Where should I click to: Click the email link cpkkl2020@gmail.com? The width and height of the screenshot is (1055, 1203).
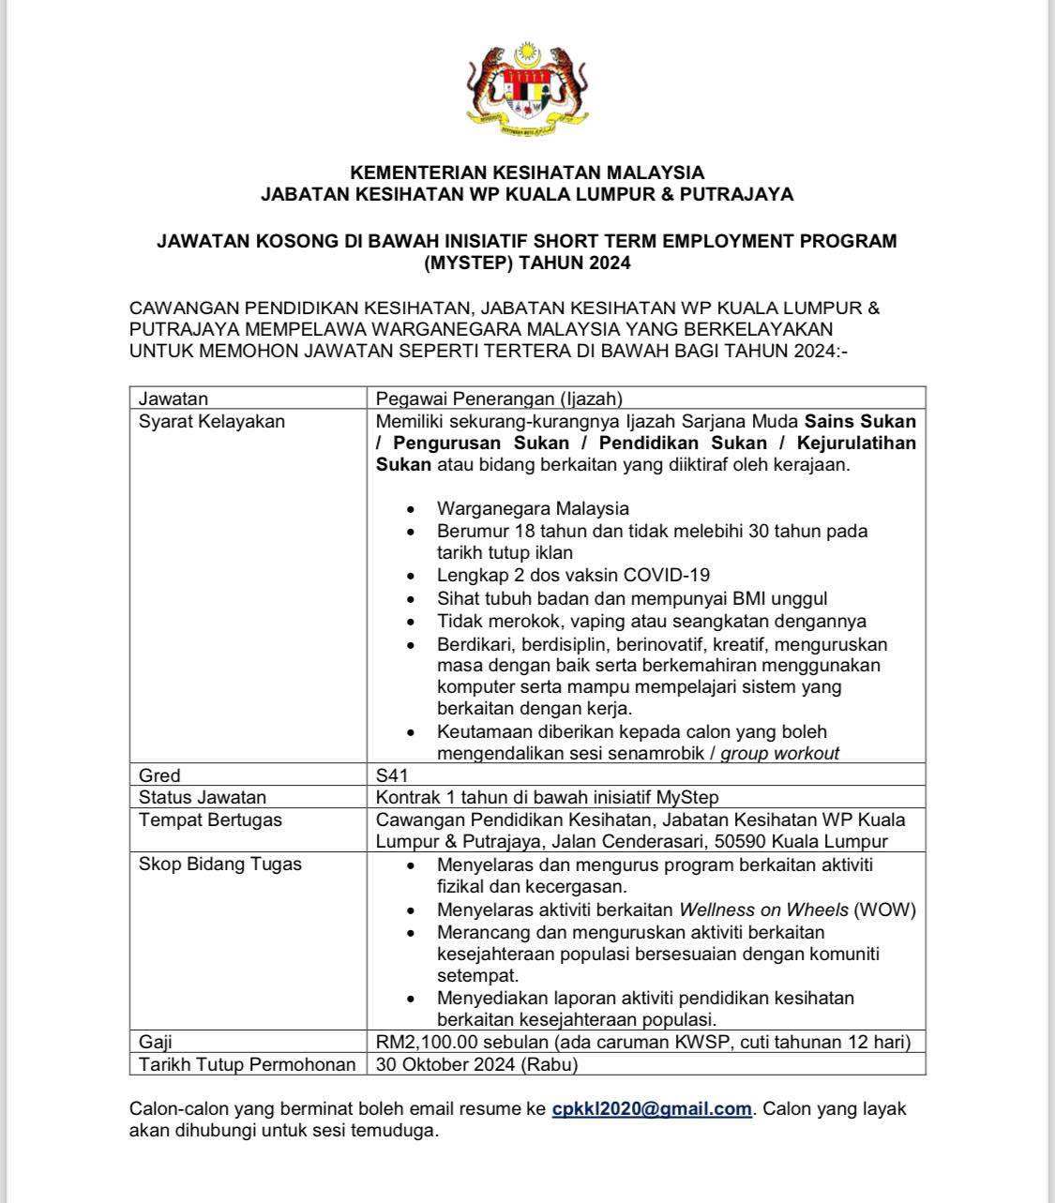point(652,1108)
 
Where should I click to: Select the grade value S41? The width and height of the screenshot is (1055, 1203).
point(392,775)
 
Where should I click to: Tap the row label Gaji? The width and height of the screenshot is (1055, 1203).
point(156,1042)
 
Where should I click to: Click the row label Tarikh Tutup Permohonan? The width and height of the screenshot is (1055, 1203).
point(247,1064)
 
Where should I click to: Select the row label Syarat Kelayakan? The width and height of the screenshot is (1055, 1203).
point(212,421)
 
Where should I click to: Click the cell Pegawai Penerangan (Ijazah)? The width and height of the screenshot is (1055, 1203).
point(499,398)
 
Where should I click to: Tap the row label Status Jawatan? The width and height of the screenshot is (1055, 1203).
point(203,798)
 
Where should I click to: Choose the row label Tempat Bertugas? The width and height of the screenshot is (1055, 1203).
point(210,820)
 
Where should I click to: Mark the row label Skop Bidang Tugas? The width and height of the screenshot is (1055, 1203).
point(220,864)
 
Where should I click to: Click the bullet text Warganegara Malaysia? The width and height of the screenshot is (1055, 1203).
point(533,508)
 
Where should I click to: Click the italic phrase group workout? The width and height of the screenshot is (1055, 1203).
point(779,753)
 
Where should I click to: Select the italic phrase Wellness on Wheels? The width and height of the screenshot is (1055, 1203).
point(763,910)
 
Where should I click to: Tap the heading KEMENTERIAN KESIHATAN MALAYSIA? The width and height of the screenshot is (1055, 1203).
point(527,173)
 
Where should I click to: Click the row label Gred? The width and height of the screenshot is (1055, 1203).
point(159,775)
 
